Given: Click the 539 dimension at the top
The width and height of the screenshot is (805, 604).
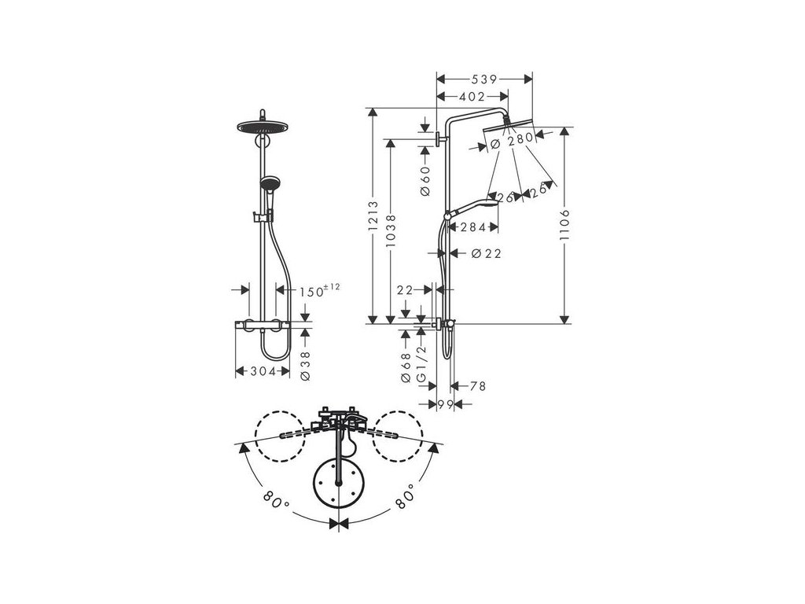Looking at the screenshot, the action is pyautogui.click(x=483, y=79).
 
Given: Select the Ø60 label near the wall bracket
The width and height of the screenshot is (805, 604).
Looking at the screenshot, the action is pyautogui.click(x=425, y=180).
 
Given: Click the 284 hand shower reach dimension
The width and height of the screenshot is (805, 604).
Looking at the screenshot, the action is pyautogui.click(x=473, y=228).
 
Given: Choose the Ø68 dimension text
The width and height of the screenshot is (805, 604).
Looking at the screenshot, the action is pyautogui.click(x=406, y=367).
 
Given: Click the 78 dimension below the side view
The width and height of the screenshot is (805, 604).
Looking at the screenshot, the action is pyautogui.click(x=477, y=386).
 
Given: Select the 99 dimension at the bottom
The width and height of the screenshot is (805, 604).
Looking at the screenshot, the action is pyautogui.click(x=447, y=403).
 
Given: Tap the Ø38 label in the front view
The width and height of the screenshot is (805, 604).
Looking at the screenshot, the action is pyautogui.click(x=305, y=365).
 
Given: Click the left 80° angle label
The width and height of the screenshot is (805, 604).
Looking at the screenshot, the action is pyautogui.click(x=273, y=498).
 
